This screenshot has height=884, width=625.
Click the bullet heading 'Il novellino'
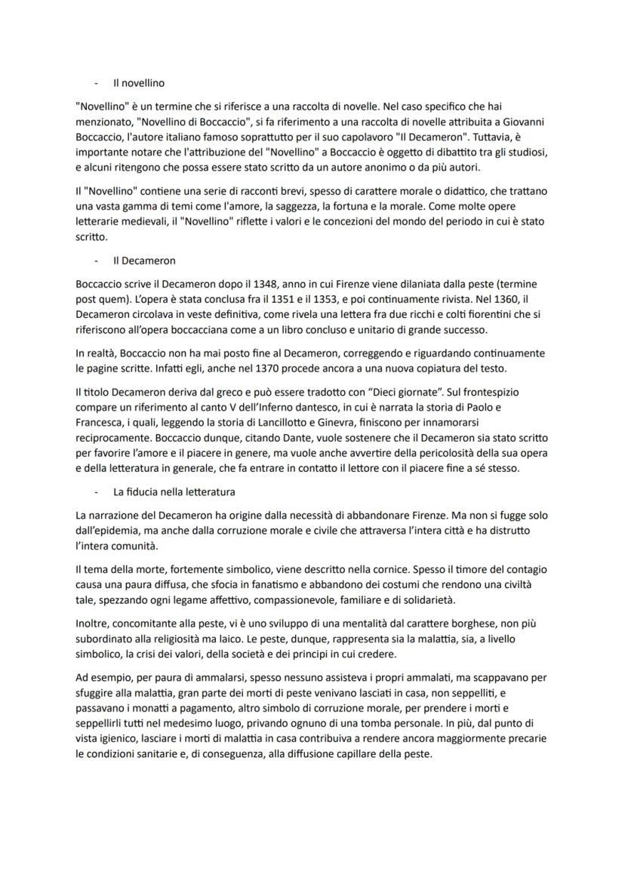tap(138, 83)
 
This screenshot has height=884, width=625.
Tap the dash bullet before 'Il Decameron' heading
tap(97, 260)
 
